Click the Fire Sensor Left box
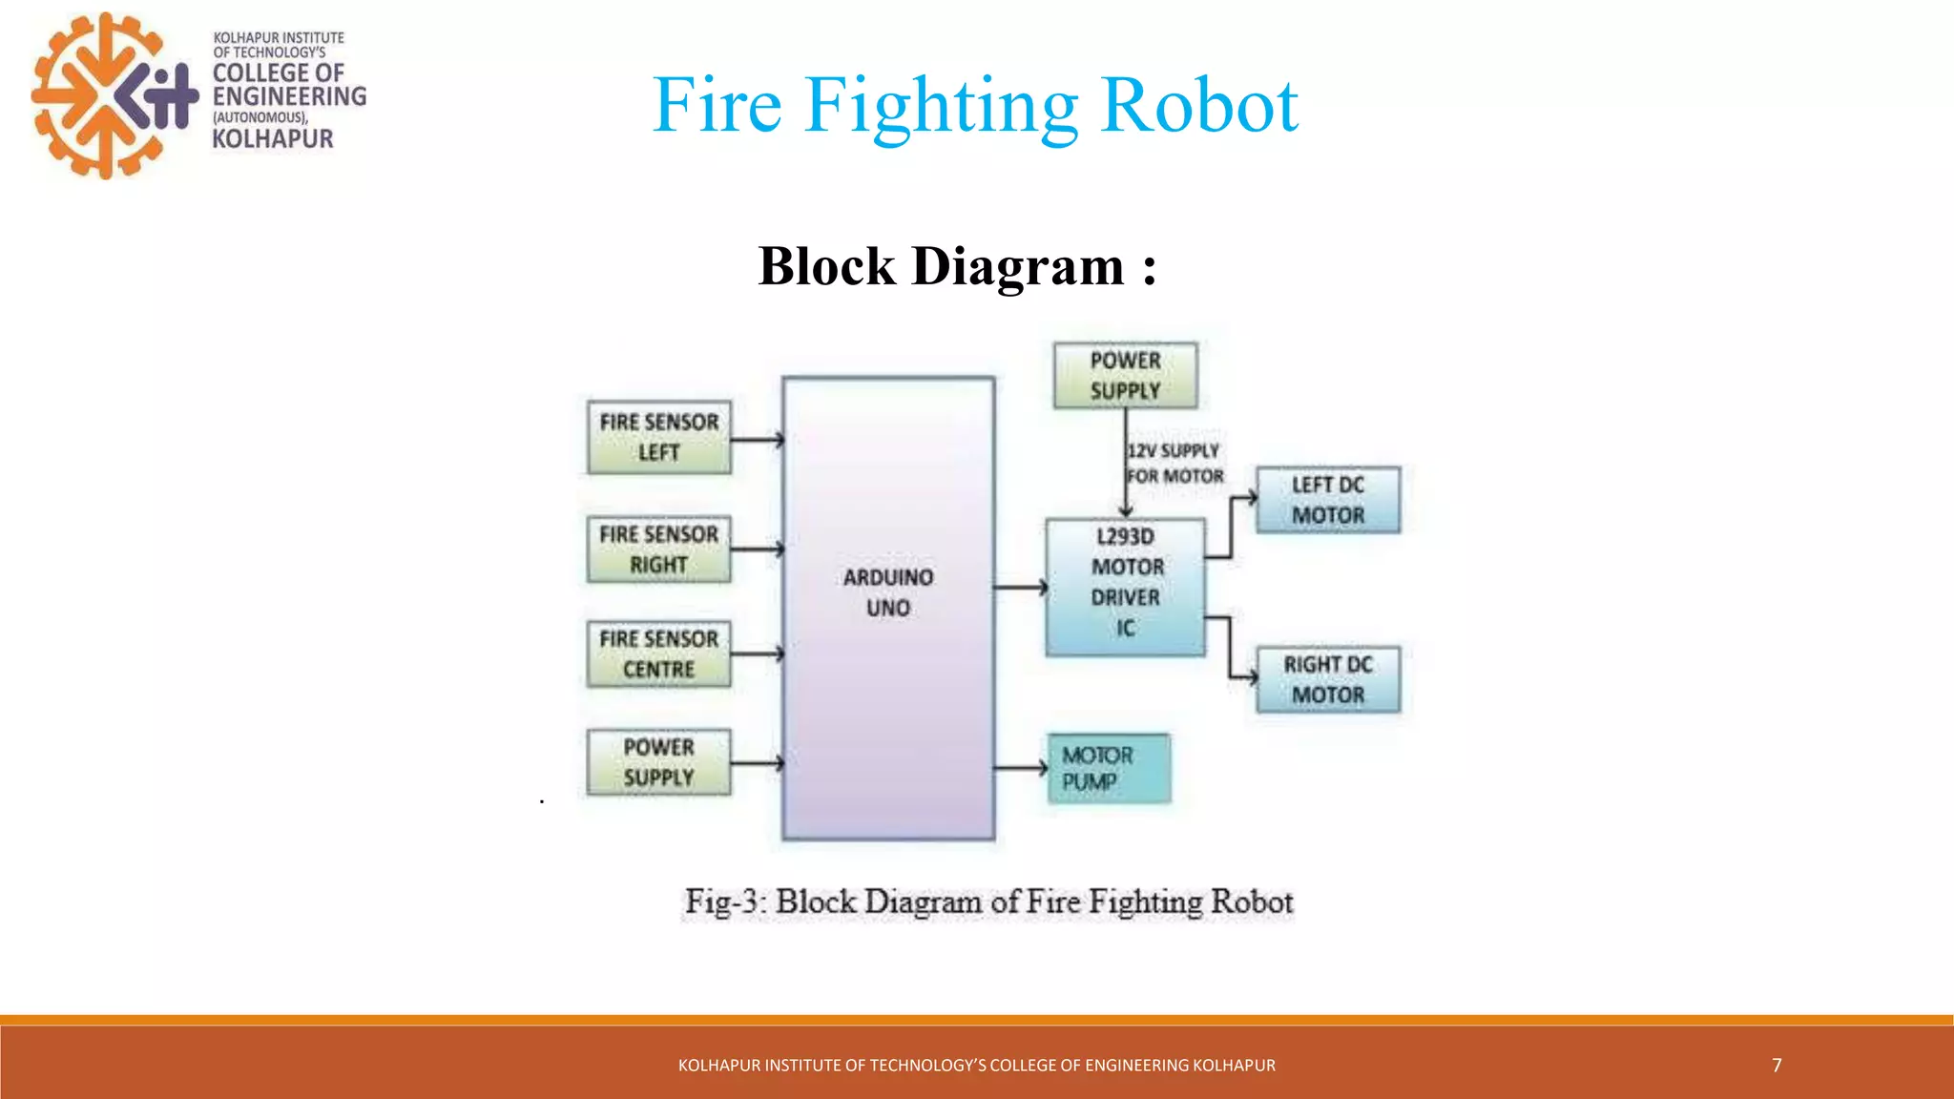coord(658,437)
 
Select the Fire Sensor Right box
coord(658,549)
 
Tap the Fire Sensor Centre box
coord(658,653)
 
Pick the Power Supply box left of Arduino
coord(658,762)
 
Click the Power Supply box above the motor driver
coord(1125,375)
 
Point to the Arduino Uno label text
coord(888,592)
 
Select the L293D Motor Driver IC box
coord(1126,587)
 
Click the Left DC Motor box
coord(1328,500)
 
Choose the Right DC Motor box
coord(1328,679)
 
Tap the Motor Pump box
coord(1109,768)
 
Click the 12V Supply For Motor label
coord(1174,464)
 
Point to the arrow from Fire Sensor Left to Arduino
coord(758,440)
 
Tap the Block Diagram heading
coord(957,266)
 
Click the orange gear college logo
coord(114,95)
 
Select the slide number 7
coord(1777,1065)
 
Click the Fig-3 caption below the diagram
coord(988,902)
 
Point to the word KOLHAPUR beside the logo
coord(273,139)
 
